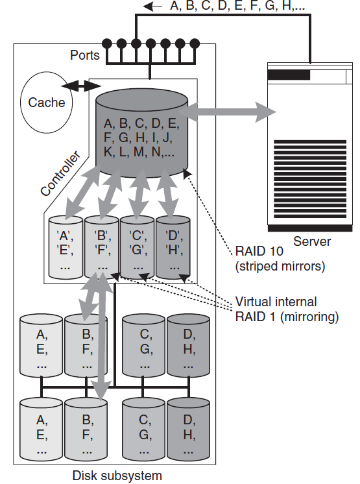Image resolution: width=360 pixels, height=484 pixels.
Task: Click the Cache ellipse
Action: [x=47, y=102]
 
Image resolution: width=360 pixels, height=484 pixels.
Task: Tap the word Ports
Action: [x=84, y=55]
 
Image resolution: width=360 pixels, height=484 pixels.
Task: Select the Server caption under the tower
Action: [x=311, y=242]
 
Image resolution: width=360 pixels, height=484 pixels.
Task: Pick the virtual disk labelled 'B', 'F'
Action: [x=101, y=248]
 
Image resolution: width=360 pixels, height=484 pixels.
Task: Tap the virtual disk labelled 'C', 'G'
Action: [x=137, y=248]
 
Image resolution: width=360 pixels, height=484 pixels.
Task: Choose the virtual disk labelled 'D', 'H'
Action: [x=173, y=248]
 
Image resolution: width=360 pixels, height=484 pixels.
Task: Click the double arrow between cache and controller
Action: [x=77, y=86]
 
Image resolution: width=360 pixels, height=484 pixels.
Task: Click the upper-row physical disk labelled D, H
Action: [x=188, y=347]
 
